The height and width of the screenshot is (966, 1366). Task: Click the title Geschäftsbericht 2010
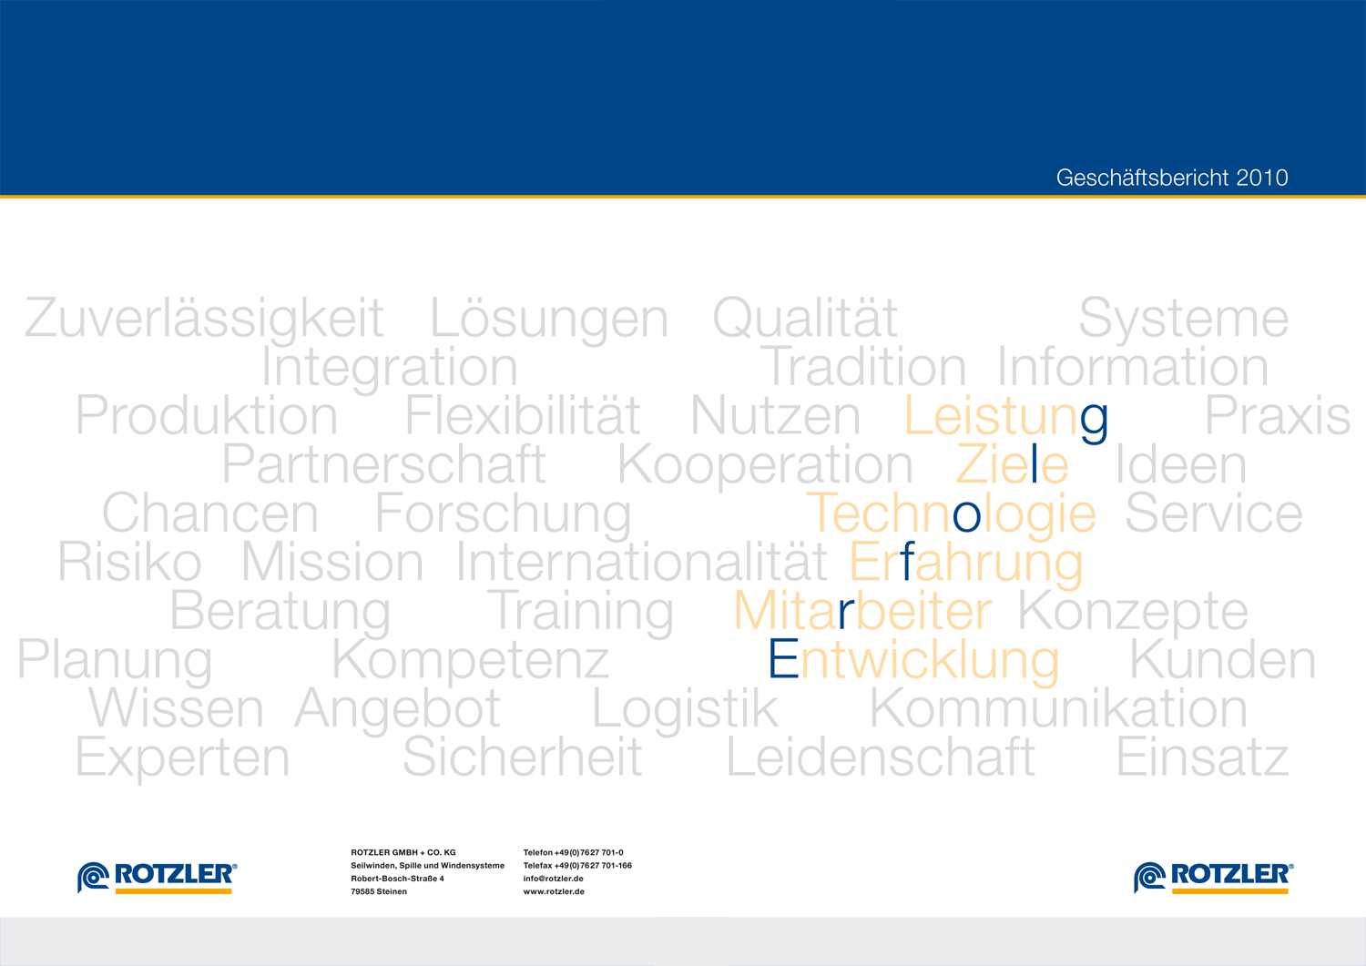point(1172,178)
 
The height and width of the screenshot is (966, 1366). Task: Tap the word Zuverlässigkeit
point(204,319)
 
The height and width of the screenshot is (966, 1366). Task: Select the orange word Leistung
point(1006,416)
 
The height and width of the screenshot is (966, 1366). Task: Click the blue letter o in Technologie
point(966,516)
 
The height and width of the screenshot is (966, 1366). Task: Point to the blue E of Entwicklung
point(783,658)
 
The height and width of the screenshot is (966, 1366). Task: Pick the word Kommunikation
point(1058,707)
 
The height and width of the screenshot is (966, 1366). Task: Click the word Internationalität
point(641,561)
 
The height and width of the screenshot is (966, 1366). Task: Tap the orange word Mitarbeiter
point(863,610)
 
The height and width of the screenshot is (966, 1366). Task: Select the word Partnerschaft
point(383,463)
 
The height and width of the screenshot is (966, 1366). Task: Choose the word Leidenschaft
point(881,757)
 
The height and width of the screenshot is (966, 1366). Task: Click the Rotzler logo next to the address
point(157,878)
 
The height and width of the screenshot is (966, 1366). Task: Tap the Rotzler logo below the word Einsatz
point(1214,878)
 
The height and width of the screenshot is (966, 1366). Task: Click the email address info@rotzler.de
point(553,879)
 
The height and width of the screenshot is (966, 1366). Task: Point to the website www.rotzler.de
point(554,891)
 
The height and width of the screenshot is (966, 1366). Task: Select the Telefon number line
point(573,852)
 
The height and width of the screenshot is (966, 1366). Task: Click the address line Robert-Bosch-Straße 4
point(397,879)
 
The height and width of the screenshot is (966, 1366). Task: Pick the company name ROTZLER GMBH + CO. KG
point(403,852)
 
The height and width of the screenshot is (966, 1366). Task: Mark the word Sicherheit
point(523,757)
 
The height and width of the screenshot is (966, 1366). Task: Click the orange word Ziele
point(1013,463)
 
